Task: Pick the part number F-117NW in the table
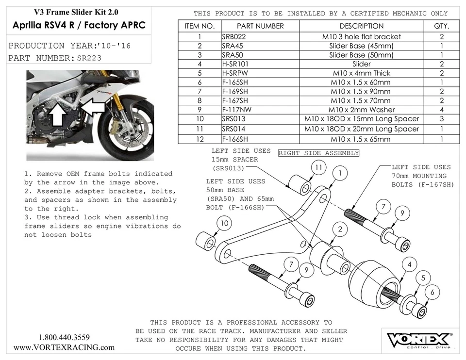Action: [237, 110]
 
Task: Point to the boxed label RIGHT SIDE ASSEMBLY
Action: [318, 153]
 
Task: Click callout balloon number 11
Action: [318, 167]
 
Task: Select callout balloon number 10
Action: [224, 223]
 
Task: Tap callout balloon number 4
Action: [410, 265]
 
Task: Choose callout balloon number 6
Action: [433, 293]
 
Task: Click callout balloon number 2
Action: [340, 229]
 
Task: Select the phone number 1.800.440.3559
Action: [64, 337]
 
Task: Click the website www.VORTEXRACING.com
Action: [64, 347]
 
